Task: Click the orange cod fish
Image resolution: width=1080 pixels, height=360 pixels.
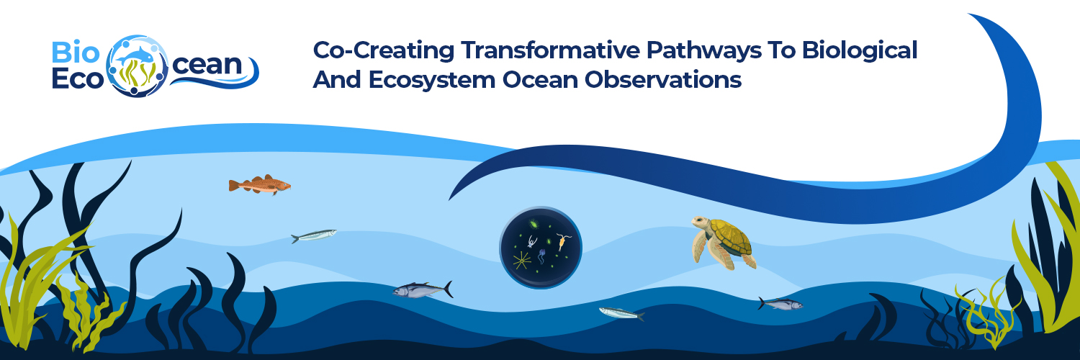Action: coord(259,185)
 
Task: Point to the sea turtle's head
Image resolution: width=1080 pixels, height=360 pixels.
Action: coord(698,222)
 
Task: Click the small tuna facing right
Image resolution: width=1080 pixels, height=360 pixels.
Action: coord(781,304)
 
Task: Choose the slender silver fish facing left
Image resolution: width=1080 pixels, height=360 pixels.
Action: coord(619,312)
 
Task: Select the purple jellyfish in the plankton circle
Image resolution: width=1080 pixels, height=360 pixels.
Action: coord(541,253)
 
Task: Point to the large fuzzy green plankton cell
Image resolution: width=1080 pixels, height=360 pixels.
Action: coord(534,225)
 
